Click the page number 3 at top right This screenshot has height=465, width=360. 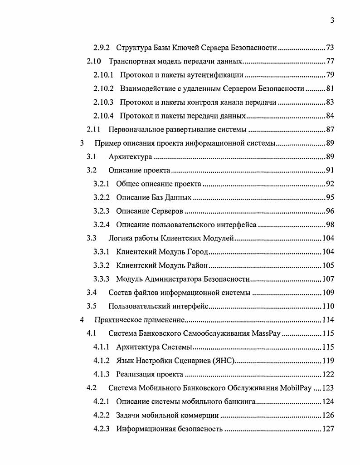coord(332,20)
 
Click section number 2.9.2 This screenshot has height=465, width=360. coord(102,48)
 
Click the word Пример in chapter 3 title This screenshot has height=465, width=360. coord(106,143)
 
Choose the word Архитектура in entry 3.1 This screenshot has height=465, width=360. coord(130,157)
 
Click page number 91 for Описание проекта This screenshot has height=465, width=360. coord(330,171)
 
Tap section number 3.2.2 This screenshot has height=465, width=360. coord(102,198)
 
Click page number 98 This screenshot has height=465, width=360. coord(330,225)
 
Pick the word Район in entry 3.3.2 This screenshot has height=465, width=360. coord(197,265)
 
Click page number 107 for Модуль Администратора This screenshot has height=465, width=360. coord(328,279)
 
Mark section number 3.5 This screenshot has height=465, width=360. coord(92,306)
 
